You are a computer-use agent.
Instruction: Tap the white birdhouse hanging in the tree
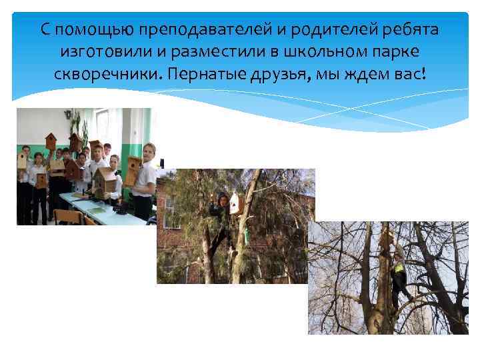tap(235, 203)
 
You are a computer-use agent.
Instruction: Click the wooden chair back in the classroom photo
tap(67, 217)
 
